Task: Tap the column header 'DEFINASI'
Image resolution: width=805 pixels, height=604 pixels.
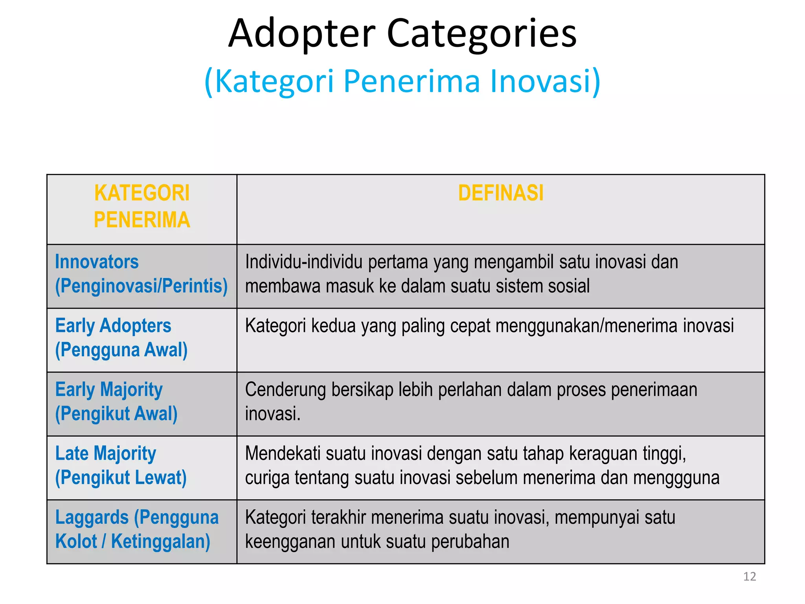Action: (x=501, y=193)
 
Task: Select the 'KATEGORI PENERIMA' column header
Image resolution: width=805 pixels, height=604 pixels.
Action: (x=142, y=206)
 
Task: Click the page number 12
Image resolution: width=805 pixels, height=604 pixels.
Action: (x=750, y=576)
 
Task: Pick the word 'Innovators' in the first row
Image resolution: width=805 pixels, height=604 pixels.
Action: (x=97, y=262)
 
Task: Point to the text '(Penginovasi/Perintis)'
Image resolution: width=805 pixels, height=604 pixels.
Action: (x=142, y=286)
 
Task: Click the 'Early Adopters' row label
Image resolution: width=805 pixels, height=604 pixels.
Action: (x=113, y=326)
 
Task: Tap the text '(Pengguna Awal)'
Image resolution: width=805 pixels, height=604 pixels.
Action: (x=121, y=350)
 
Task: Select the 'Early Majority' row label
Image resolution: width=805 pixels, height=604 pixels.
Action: (x=109, y=390)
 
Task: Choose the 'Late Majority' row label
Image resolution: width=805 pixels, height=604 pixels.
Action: (x=106, y=453)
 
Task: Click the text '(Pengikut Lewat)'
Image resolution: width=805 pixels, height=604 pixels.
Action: (x=121, y=478)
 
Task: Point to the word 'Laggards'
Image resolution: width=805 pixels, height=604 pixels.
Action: (x=92, y=517)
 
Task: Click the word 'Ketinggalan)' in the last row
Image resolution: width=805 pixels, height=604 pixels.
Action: (x=160, y=541)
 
